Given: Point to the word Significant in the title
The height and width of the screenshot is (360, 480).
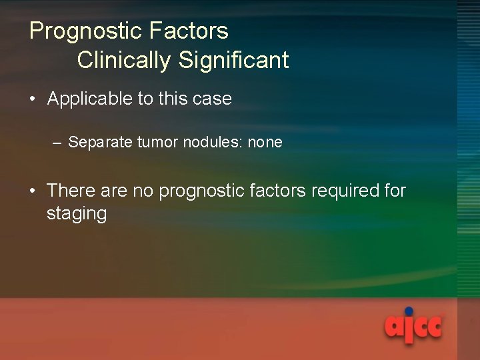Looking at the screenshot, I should tap(233, 60).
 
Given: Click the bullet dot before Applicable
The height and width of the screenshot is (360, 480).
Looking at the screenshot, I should tap(33, 99).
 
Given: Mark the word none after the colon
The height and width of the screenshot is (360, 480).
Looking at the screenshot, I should tap(265, 142).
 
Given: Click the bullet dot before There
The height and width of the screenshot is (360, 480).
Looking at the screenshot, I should tap(33, 191).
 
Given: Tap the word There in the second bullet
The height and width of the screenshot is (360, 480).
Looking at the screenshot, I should tap(71, 191).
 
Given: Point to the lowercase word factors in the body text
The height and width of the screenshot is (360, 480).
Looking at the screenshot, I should tap(277, 191).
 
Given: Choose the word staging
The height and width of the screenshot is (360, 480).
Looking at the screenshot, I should tap(77, 214).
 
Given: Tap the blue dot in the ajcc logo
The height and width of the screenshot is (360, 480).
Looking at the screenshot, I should tap(409, 311).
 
